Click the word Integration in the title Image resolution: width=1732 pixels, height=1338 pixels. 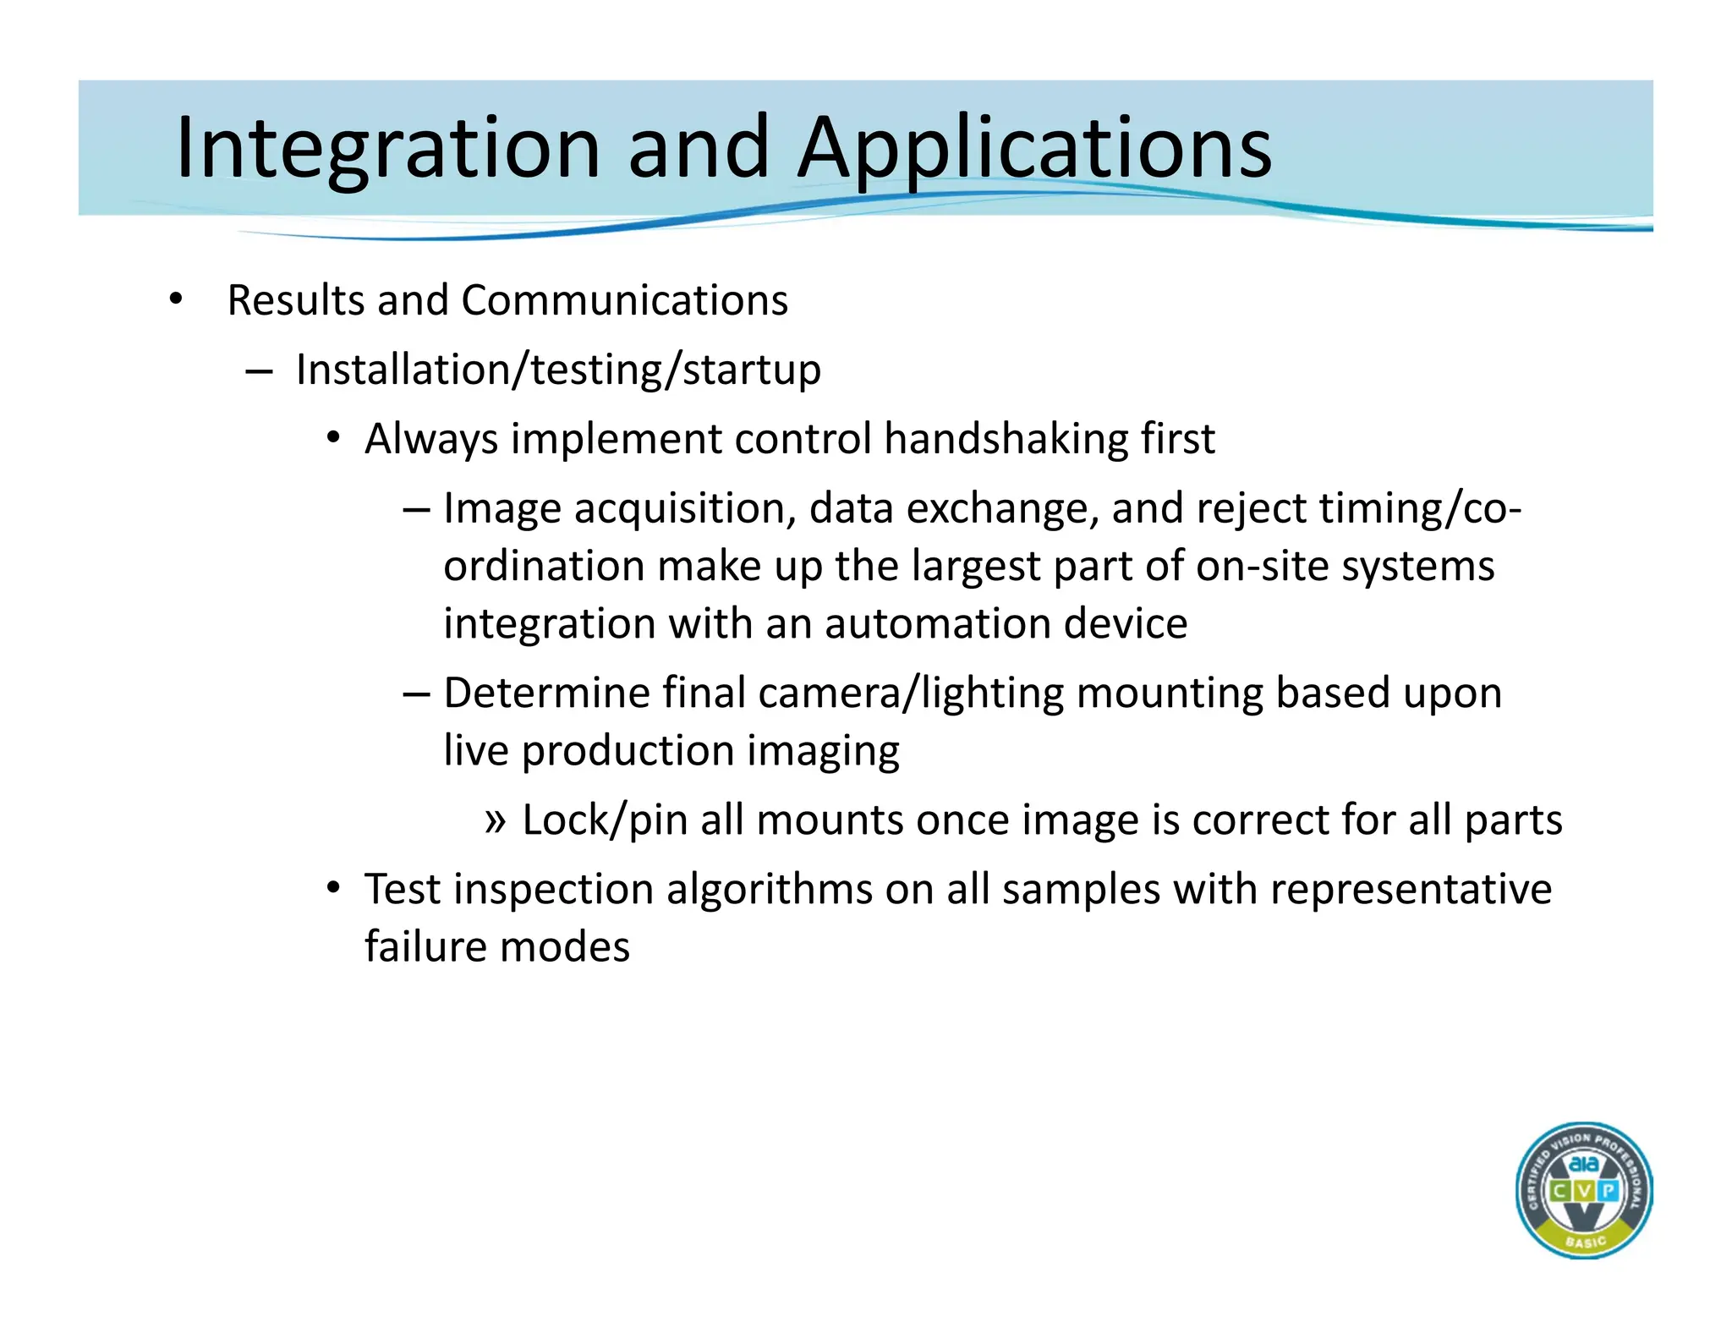pyautogui.click(x=388, y=148)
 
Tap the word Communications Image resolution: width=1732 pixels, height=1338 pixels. pyautogui.click(x=624, y=300)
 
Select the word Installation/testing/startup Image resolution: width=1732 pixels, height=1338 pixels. pyautogui.click(x=558, y=370)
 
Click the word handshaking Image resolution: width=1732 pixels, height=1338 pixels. pyautogui.click(x=1005, y=439)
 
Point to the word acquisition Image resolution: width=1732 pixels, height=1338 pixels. pyautogui.click(x=684, y=508)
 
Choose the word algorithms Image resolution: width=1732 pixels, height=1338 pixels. pyautogui.click(x=769, y=890)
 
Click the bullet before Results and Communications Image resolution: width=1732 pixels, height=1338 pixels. pyautogui.click(x=175, y=299)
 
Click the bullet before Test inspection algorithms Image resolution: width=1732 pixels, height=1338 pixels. pyautogui.click(x=334, y=889)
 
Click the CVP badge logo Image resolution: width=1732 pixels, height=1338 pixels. pyautogui.click(x=1583, y=1191)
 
